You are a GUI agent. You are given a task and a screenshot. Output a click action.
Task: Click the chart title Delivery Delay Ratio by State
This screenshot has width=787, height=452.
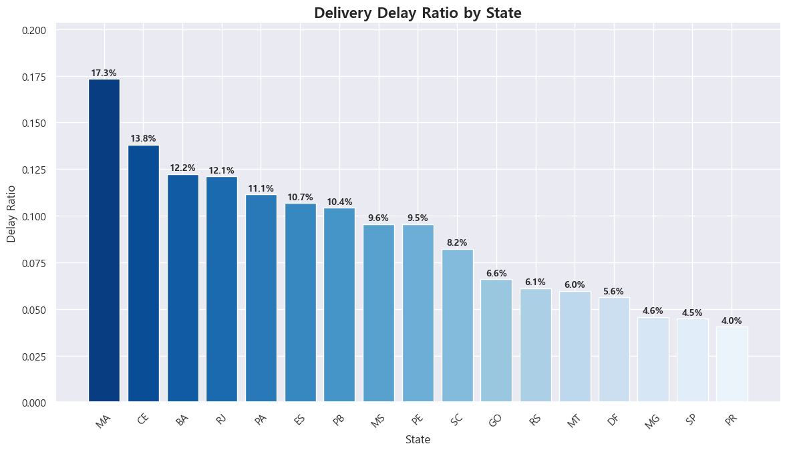(418, 13)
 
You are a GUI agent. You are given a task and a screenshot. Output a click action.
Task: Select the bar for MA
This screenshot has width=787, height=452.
(104, 240)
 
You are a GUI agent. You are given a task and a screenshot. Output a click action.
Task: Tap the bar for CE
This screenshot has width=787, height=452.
(144, 274)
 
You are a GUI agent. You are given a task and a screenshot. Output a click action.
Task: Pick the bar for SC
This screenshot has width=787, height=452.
(457, 326)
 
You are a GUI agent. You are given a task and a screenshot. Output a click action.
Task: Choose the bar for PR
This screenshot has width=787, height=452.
(732, 365)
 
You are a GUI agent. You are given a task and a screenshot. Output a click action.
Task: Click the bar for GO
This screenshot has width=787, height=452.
(496, 341)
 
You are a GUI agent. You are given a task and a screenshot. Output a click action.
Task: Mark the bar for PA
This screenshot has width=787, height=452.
(261, 298)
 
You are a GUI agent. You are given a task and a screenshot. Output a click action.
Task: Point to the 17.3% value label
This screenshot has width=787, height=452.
(104, 73)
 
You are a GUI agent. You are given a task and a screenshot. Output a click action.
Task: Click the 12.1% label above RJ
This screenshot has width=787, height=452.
(222, 170)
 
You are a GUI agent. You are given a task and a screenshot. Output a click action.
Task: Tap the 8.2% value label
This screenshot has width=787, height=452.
(457, 243)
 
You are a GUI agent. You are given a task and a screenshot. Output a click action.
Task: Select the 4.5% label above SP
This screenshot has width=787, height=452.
(693, 312)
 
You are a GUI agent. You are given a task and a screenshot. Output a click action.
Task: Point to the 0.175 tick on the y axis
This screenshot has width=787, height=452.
(34, 77)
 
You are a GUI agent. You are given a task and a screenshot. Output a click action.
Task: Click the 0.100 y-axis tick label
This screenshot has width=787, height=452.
(34, 217)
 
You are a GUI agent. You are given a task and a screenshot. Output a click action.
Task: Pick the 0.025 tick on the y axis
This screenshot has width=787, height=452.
(34, 357)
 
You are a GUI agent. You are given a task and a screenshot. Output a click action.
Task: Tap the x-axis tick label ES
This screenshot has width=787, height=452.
(300, 420)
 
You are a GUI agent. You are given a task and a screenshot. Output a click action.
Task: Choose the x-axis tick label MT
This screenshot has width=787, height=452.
(574, 421)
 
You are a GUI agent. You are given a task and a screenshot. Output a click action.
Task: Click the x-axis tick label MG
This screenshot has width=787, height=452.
(652, 421)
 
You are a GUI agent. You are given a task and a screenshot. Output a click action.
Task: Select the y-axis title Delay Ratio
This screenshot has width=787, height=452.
(11, 214)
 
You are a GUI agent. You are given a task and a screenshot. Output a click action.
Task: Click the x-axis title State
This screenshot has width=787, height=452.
(418, 440)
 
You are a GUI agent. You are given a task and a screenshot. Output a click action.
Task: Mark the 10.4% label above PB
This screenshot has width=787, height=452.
(340, 202)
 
